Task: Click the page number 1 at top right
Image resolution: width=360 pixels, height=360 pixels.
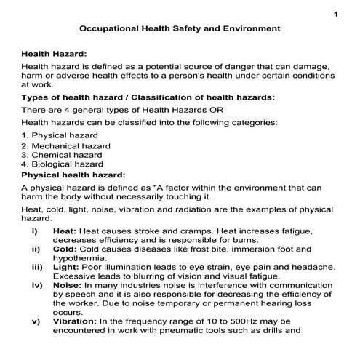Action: pyautogui.click(x=336, y=14)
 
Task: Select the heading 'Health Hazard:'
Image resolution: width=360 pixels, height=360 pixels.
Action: pyautogui.click(x=54, y=53)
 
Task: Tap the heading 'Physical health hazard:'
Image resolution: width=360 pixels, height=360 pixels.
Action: pyautogui.click(x=73, y=175)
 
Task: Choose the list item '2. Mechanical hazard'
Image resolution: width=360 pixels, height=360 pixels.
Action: pyautogui.click(x=66, y=145)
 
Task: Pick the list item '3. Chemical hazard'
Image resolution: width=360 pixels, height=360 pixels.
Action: pyautogui.click(x=62, y=155)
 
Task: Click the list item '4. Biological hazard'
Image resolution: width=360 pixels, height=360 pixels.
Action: pyautogui.click(x=63, y=164)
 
